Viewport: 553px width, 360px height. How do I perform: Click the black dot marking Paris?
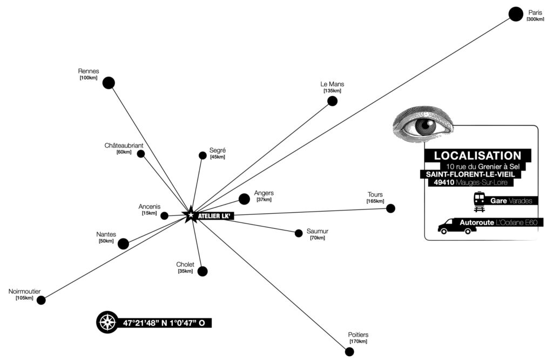coord(516,14)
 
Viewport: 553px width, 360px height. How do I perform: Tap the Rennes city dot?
coord(109,83)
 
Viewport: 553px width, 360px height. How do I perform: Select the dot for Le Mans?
coord(332,101)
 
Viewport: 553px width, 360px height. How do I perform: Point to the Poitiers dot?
coord(349,352)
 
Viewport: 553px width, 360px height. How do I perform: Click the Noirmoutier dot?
coord(41,300)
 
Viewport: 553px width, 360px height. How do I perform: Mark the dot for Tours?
coord(390,208)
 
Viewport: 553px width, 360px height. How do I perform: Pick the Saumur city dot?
coord(299,233)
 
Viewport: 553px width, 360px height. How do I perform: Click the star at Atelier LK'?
coord(190,215)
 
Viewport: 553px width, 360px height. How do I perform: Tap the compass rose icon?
coord(106,323)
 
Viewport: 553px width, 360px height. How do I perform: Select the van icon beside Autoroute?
coord(457,226)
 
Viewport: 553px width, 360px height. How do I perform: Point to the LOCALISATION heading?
coord(477,155)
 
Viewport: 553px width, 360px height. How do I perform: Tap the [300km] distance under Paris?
coord(535,19)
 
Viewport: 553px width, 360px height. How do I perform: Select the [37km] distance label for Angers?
coord(264,200)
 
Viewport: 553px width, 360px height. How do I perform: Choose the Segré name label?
coord(217,151)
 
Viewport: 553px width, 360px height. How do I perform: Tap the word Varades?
coord(523,201)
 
